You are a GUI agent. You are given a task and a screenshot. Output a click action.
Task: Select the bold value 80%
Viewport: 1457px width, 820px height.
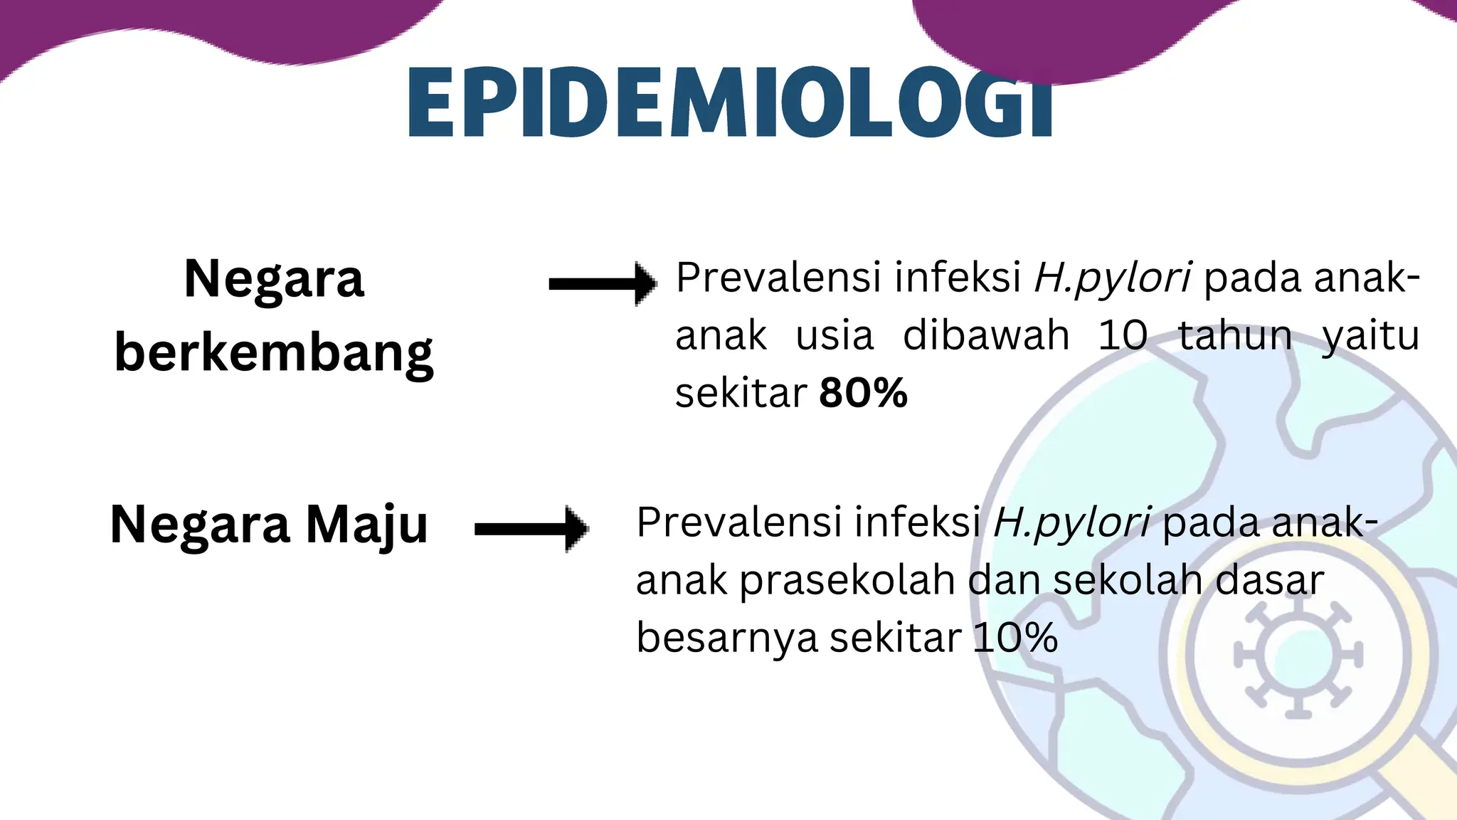point(863,393)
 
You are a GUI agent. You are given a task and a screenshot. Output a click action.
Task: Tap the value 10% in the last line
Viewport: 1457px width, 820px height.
point(1015,637)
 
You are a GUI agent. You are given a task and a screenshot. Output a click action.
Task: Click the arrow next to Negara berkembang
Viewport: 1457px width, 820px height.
point(603,284)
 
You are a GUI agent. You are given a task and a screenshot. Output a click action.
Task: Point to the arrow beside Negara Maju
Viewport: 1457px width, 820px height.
point(531,529)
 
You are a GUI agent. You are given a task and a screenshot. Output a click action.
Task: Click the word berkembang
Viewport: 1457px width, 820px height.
point(274,354)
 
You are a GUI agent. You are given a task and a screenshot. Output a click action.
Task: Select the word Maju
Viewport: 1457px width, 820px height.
point(367,525)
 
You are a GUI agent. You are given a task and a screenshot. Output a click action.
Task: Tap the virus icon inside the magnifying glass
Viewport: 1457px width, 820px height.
point(1297,656)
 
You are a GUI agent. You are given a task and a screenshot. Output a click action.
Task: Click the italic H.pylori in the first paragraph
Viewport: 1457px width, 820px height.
point(1112,278)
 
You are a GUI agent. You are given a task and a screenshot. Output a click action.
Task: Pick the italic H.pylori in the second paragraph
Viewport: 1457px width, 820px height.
point(1071,522)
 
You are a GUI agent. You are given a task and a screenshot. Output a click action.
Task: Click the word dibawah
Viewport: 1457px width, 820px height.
point(986,335)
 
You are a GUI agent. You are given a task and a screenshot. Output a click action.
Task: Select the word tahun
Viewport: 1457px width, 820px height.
point(1235,335)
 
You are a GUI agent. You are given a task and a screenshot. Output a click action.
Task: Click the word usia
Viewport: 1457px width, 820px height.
point(834,335)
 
